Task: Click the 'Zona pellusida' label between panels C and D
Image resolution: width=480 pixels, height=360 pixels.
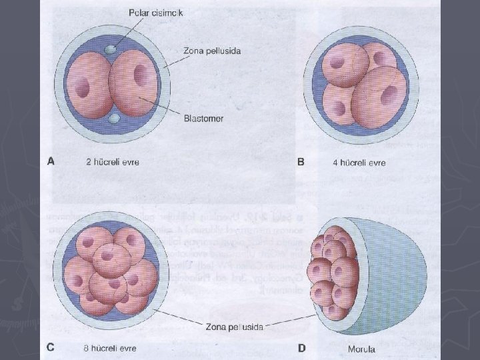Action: pos(235,327)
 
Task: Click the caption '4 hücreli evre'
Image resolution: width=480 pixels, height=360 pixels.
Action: pos(359,162)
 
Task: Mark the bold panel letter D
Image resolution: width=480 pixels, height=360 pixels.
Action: pos(301,347)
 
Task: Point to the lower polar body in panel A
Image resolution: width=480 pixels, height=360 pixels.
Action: pos(115,119)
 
